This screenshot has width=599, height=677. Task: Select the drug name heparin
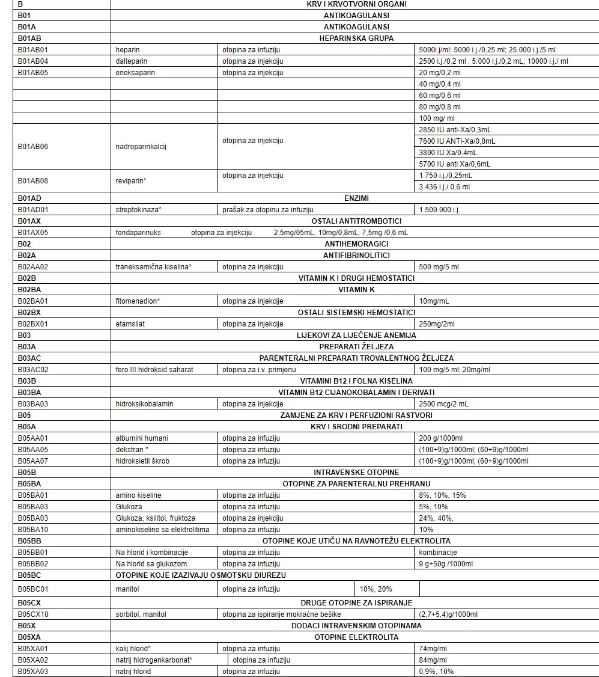128,50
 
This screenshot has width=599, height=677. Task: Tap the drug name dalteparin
132,61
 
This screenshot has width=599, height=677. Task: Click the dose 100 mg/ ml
437,118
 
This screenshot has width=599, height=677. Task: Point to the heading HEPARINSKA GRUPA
356,38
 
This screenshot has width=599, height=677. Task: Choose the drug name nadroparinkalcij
141,147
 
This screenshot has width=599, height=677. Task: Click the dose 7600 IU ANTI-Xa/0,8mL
457,141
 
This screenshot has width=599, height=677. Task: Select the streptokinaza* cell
139,210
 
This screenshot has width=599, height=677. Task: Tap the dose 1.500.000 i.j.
439,210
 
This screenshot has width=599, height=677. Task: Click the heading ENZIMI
356,198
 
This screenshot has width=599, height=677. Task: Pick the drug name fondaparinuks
138,233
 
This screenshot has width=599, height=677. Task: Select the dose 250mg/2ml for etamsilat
437,324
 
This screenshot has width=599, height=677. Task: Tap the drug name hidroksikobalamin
144,404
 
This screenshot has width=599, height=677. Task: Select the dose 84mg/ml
433,660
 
